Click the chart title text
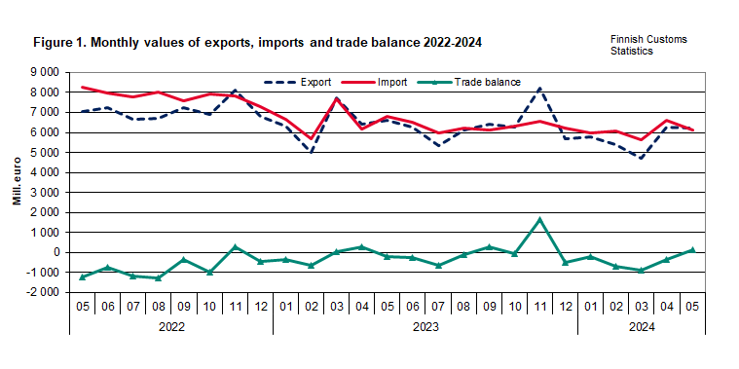pos(257,44)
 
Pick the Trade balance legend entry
pos(485,82)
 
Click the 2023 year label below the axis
pos(425,328)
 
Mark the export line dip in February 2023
pos(311,152)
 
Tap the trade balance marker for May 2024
pos(692,249)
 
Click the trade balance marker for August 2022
pos(158,278)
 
